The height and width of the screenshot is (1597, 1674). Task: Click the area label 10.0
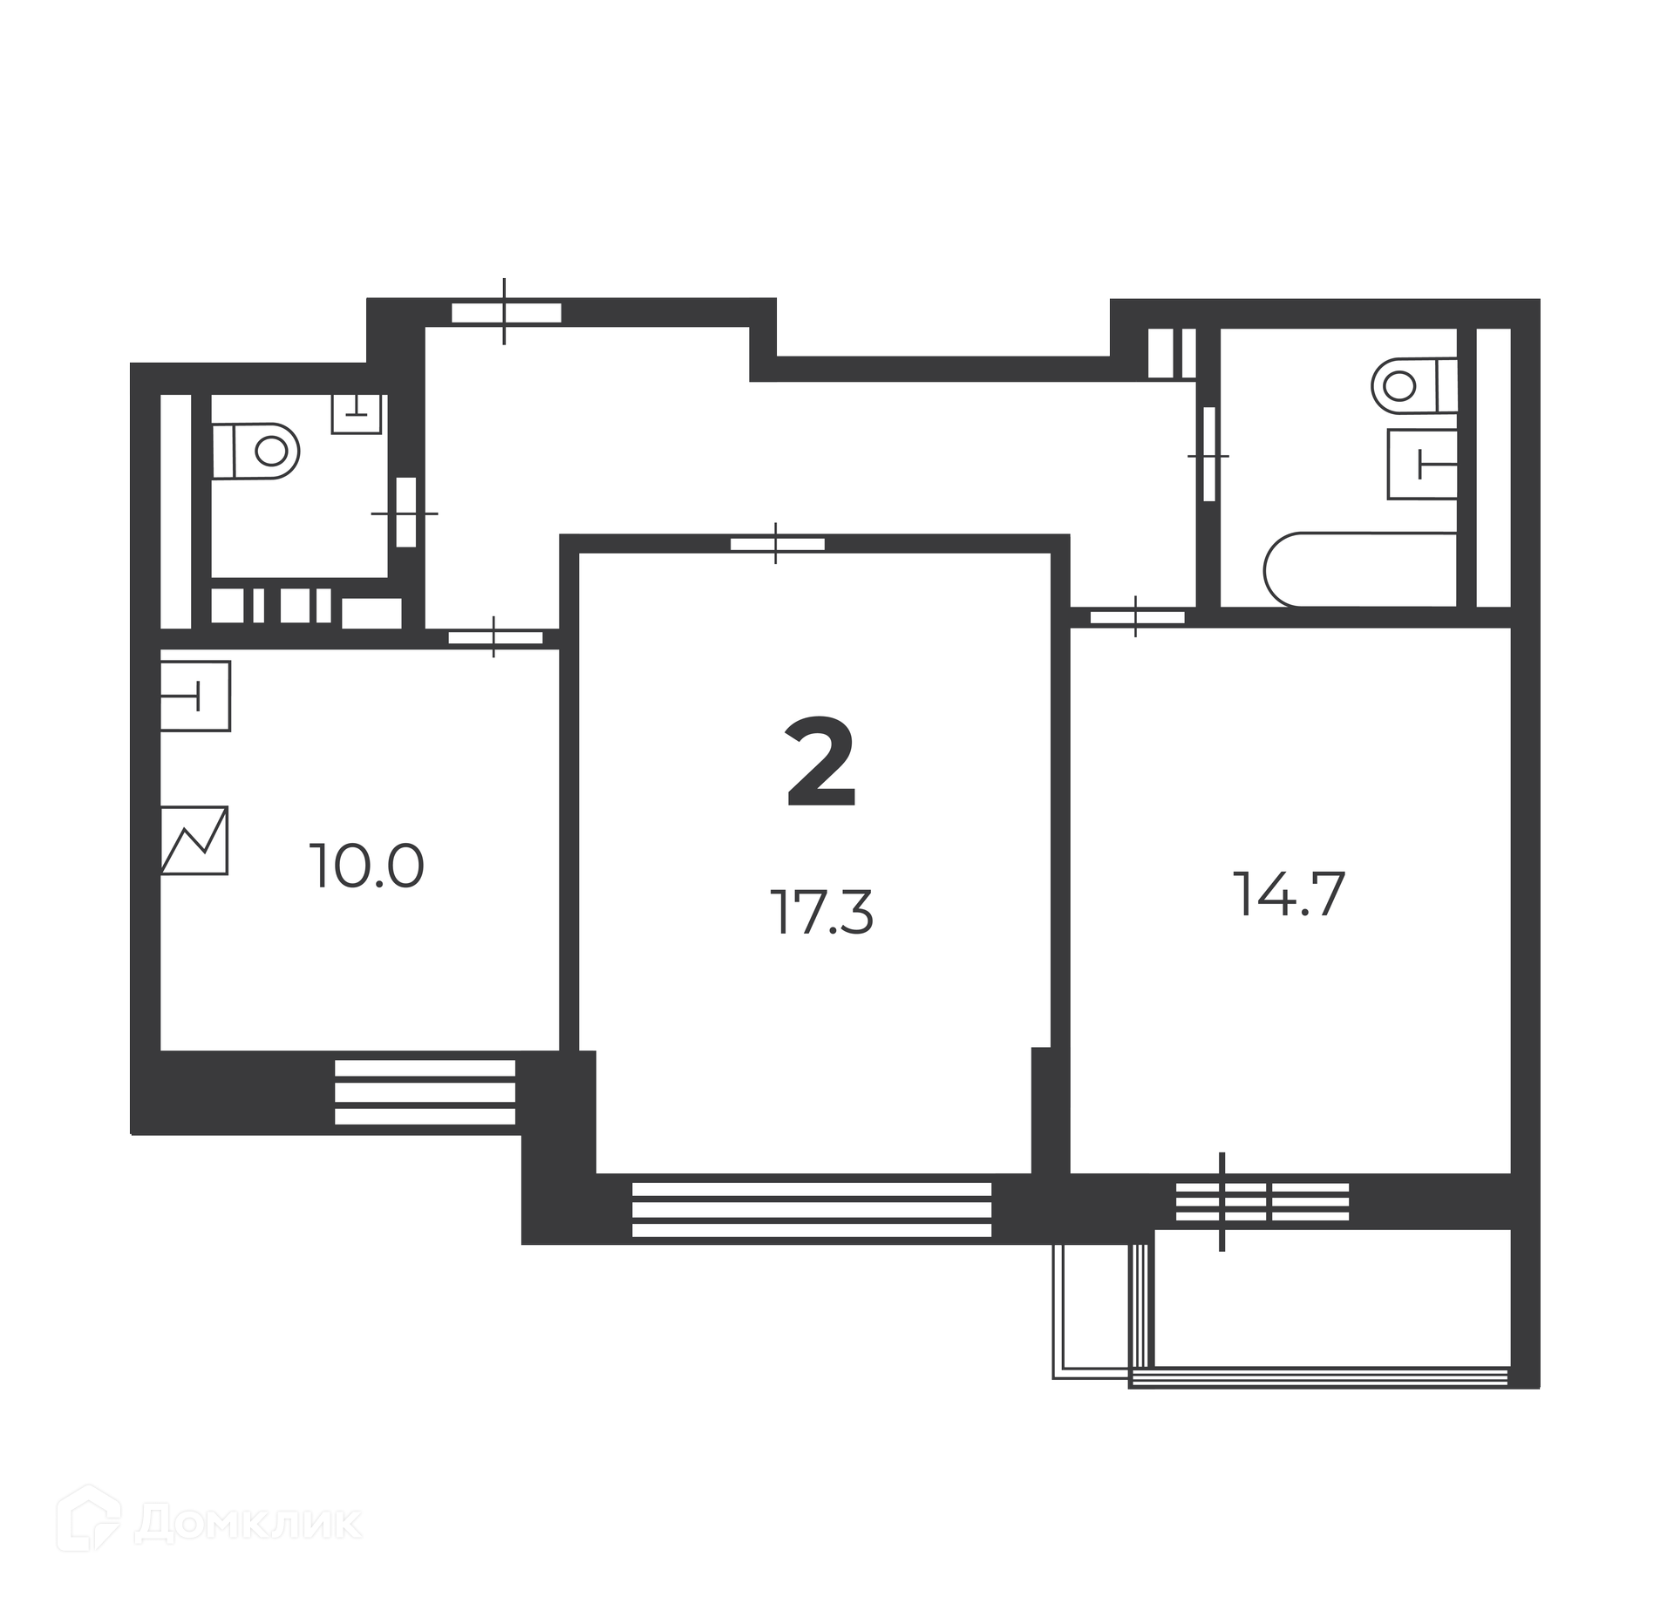[x=367, y=866]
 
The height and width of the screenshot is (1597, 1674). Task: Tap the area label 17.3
[x=821, y=913]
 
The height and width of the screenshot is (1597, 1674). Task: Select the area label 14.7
[x=1290, y=895]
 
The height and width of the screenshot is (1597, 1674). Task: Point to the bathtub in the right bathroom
[x=1361, y=569]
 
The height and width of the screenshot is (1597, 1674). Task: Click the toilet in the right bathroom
[x=1415, y=384]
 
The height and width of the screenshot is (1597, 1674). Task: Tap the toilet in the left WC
[x=256, y=451]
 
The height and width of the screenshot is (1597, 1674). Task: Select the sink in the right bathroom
[x=1422, y=464]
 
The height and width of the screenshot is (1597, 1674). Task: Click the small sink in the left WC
[x=357, y=413]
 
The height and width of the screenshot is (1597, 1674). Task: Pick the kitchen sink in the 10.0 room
[x=195, y=696]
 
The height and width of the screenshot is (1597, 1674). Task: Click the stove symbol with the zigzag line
[x=194, y=839]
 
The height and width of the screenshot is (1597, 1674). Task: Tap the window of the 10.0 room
[x=425, y=1092]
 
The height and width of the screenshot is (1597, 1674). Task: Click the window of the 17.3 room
[x=812, y=1209]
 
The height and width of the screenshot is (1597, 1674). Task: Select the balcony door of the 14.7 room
[x=1262, y=1202]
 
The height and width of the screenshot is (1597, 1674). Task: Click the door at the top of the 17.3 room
[x=777, y=544]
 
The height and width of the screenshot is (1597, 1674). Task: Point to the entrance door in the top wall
[x=506, y=312]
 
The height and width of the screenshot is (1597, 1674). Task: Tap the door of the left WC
[x=406, y=512]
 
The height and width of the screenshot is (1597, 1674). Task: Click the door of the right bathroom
[x=1208, y=454]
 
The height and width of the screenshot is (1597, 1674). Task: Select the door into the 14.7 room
[x=1137, y=617]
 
